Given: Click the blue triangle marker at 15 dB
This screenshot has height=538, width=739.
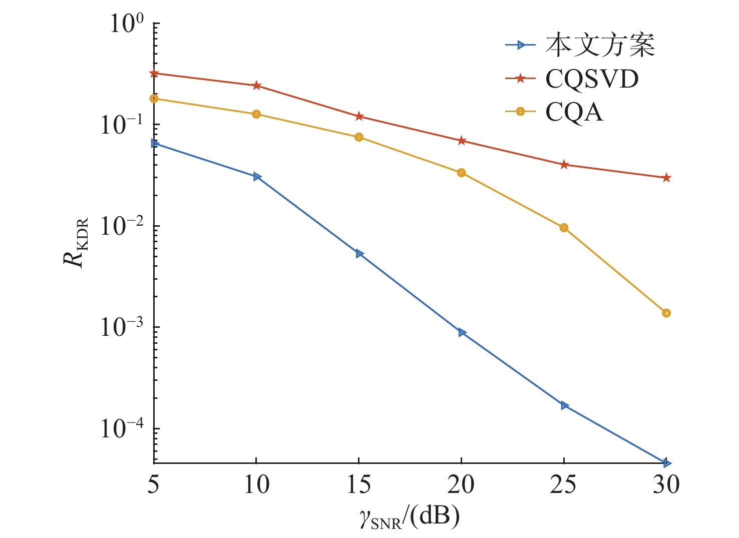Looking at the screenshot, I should [x=359, y=254].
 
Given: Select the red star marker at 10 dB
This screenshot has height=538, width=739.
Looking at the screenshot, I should [x=256, y=86].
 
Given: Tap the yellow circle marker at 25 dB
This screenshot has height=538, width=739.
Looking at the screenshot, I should [x=564, y=228].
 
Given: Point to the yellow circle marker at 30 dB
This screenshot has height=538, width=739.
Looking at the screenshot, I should [x=666, y=313].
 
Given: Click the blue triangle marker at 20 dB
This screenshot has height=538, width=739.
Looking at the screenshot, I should [x=462, y=332].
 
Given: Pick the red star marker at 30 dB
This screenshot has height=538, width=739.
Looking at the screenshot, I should [x=666, y=178].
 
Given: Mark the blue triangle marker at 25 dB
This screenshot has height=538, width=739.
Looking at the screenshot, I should [x=564, y=405].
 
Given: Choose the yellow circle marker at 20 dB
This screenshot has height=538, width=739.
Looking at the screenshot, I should [x=461, y=173].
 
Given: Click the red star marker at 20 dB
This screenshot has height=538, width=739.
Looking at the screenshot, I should [x=461, y=141].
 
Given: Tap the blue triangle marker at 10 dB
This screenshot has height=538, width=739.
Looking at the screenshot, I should [x=257, y=177].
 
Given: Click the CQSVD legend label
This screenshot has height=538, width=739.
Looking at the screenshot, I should [x=592, y=79].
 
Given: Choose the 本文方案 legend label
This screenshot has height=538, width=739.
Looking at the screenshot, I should [x=600, y=46].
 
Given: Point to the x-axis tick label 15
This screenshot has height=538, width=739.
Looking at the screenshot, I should [x=358, y=484].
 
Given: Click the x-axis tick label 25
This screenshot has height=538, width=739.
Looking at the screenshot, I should [x=563, y=484].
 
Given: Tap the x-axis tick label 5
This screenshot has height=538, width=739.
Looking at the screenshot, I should [x=153, y=484].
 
